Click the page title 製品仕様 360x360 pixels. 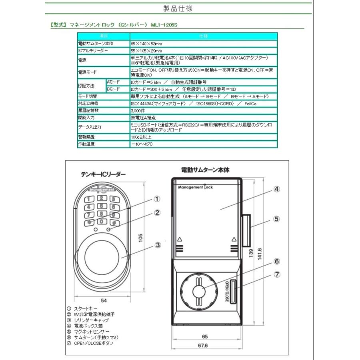178,8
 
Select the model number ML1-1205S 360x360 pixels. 164,25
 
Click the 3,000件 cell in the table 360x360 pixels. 138,110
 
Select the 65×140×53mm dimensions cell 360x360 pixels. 146,43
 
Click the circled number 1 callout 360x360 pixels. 157,199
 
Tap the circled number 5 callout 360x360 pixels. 276,219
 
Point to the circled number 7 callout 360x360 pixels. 276,275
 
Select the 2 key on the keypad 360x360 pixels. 102,198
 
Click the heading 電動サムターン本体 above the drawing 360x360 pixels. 205,170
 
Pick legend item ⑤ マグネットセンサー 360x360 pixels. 91,332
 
